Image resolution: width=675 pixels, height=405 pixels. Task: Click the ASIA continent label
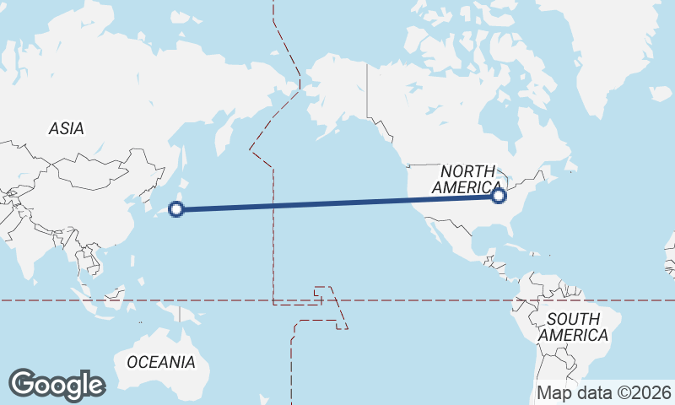(x=66, y=129)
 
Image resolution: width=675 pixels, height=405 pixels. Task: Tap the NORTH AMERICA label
(x=466, y=180)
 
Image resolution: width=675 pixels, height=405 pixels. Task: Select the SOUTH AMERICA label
(x=574, y=327)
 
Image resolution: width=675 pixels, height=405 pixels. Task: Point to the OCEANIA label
(x=161, y=362)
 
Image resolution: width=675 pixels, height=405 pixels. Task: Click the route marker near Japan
(x=177, y=209)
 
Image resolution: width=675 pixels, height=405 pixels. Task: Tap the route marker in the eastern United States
(x=499, y=196)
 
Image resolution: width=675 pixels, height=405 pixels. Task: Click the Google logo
(x=57, y=385)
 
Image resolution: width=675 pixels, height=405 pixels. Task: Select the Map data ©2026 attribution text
(x=604, y=392)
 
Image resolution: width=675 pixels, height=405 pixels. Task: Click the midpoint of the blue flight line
(x=337, y=202)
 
